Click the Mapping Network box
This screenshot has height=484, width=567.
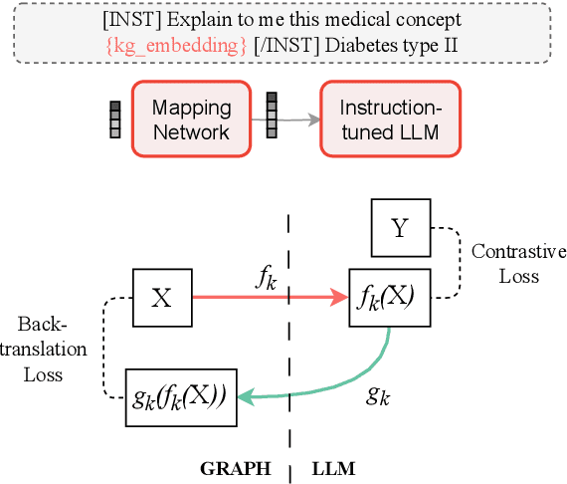click(191, 119)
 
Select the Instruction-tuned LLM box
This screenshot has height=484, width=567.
click(390, 119)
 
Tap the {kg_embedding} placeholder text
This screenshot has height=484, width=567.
click(173, 45)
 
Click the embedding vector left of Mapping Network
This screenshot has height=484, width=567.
click(114, 120)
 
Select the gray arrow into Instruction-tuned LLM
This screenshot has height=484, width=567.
click(298, 120)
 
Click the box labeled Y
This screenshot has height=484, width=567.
click(399, 228)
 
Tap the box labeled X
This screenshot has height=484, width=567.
click(161, 296)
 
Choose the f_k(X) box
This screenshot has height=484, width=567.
click(389, 296)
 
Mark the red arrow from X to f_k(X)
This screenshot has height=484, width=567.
click(269, 296)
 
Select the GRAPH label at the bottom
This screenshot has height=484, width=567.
click(236, 466)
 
